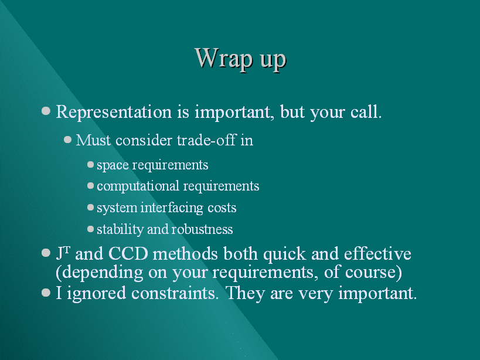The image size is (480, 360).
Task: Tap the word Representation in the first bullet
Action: [x=114, y=112]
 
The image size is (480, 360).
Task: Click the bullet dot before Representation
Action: [x=46, y=110]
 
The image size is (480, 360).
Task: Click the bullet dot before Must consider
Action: [x=67, y=140]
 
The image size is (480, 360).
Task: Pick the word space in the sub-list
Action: [x=113, y=165]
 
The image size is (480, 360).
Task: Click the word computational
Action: [x=138, y=186]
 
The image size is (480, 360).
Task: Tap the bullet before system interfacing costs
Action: [x=90, y=207]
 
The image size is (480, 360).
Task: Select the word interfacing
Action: [x=172, y=208]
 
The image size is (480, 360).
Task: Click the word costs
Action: [x=222, y=208]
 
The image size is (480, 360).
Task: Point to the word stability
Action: [x=120, y=229]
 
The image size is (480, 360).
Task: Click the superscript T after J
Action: [x=67, y=250]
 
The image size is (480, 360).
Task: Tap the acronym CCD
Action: [x=128, y=254]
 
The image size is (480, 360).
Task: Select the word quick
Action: [x=285, y=254]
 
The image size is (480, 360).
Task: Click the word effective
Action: [x=377, y=254]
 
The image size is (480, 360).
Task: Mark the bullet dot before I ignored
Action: [x=46, y=293]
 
